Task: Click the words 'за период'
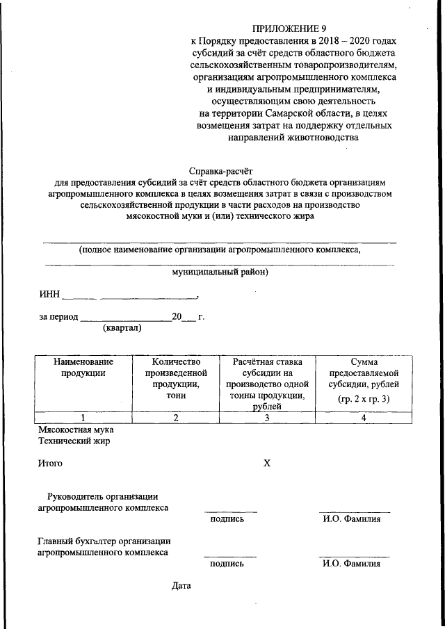[x=58, y=317]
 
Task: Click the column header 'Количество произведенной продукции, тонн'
[x=176, y=378]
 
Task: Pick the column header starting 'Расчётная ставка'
[x=268, y=383]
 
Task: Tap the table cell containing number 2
[x=176, y=418]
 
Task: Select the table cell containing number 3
[x=268, y=418]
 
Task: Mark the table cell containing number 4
[x=364, y=418]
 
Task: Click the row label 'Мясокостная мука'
[x=75, y=430]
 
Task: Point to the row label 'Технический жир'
[x=74, y=441]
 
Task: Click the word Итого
[x=50, y=463]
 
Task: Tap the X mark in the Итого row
[x=266, y=463]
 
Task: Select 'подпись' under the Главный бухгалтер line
[x=227, y=564]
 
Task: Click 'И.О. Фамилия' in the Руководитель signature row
[x=351, y=518]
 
